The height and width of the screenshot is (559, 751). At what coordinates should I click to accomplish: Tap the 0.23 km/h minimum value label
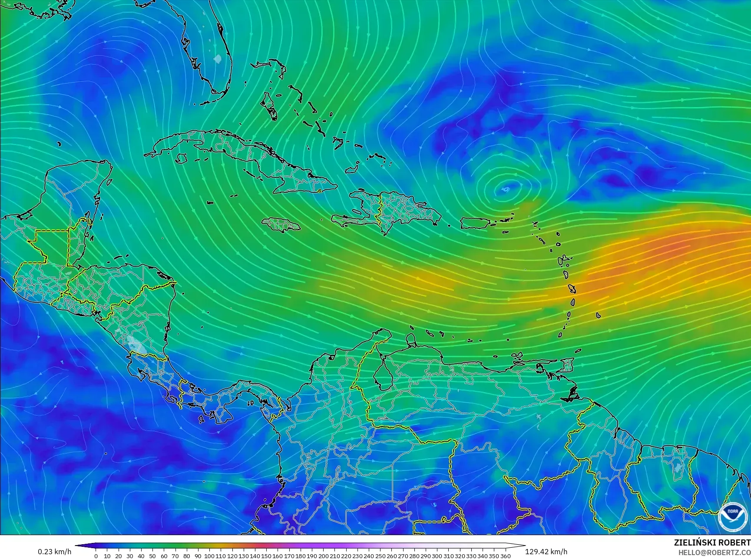click(54, 552)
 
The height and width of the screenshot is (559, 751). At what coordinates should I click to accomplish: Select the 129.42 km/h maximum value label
click(546, 552)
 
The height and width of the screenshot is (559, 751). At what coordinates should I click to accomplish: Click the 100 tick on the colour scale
click(210, 556)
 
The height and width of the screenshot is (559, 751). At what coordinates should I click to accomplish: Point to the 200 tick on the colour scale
click(324, 556)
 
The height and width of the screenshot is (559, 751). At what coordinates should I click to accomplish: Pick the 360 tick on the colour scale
click(506, 556)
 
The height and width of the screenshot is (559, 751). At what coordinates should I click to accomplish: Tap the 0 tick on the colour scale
click(96, 556)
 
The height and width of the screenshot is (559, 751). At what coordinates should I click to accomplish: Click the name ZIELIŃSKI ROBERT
click(712, 542)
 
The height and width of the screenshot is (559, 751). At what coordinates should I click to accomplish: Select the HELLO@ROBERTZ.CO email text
click(715, 552)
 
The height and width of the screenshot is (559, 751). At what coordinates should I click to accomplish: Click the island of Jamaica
click(281, 225)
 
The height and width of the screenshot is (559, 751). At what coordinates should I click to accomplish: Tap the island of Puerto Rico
click(475, 223)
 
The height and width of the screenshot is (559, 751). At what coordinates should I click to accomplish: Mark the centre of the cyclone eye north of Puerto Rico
click(505, 189)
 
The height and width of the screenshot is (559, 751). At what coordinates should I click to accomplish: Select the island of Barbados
click(598, 315)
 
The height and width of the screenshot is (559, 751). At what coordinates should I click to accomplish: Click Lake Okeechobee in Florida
click(218, 58)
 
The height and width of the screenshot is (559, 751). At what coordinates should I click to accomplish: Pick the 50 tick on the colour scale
click(152, 556)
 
